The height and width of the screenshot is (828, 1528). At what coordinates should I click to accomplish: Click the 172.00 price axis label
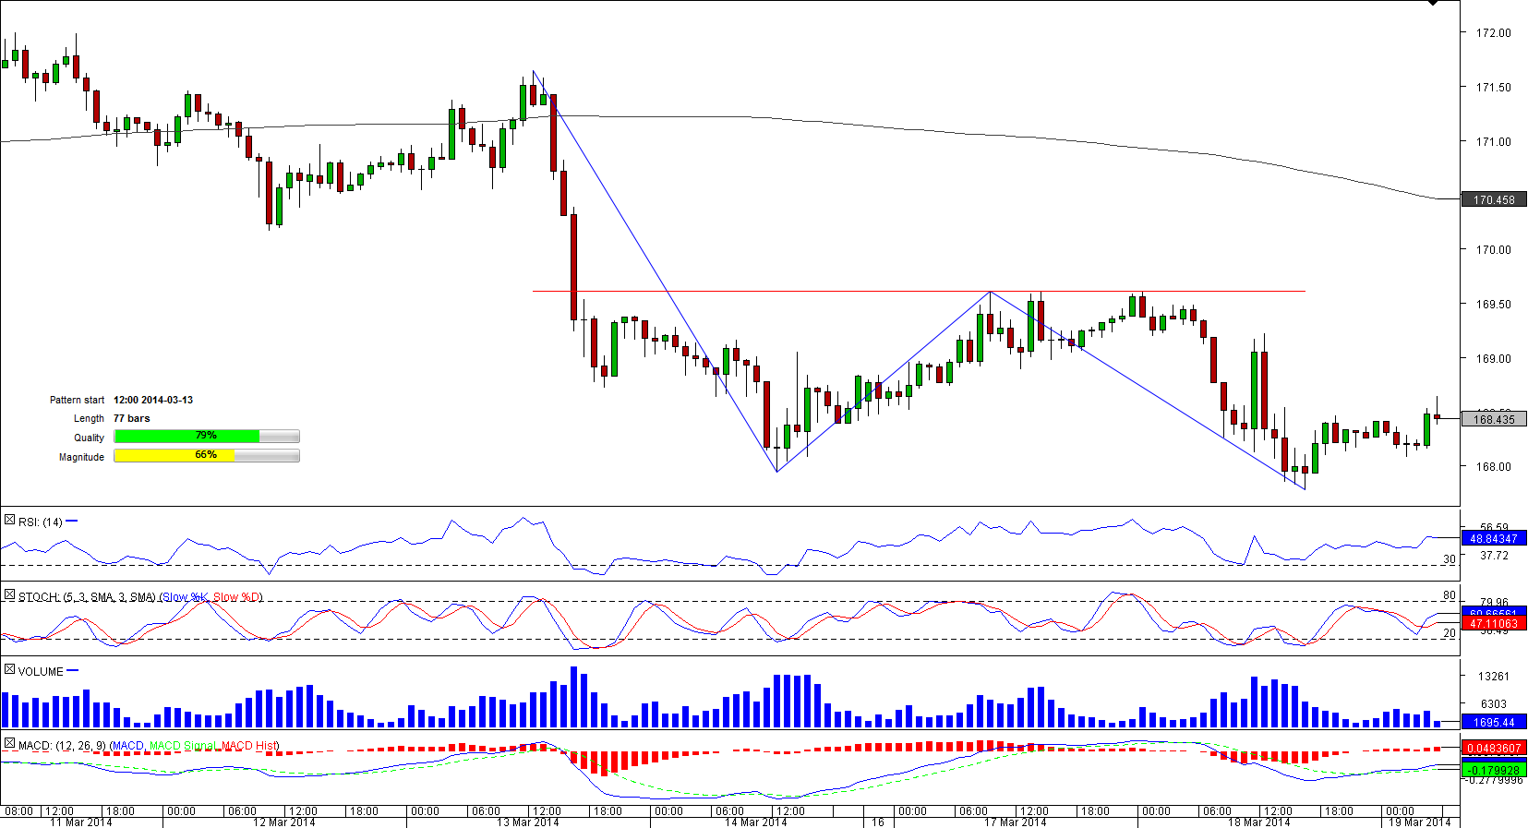click(x=1493, y=33)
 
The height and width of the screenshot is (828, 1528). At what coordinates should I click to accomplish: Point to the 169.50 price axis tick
click(x=1493, y=305)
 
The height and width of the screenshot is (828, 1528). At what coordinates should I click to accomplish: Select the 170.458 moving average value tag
click(x=1493, y=199)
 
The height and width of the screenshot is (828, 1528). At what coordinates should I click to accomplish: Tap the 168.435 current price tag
click(x=1493, y=419)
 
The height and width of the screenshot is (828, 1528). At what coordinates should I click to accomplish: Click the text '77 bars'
click(x=131, y=418)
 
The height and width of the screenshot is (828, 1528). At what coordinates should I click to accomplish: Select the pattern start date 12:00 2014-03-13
click(x=153, y=400)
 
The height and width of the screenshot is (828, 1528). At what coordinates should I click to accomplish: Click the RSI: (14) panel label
click(x=41, y=522)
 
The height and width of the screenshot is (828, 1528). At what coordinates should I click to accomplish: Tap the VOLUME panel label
click(x=41, y=671)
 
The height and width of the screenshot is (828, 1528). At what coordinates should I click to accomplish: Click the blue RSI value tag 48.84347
click(x=1493, y=538)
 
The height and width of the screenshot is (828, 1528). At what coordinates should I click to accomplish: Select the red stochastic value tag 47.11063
click(x=1493, y=624)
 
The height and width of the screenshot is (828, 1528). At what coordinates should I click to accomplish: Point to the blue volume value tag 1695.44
click(x=1493, y=723)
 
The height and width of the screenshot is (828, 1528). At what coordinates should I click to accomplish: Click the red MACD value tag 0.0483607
click(x=1493, y=749)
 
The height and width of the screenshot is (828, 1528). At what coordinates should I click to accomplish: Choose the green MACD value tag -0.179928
click(x=1493, y=770)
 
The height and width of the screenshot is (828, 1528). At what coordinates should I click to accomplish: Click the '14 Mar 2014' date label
click(x=755, y=822)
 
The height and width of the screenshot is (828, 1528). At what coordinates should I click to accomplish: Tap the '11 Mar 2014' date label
click(x=81, y=822)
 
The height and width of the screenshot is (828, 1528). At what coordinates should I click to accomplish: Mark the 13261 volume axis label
click(x=1493, y=677)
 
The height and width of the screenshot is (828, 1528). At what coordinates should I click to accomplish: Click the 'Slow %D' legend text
click(x=237, y=597)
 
